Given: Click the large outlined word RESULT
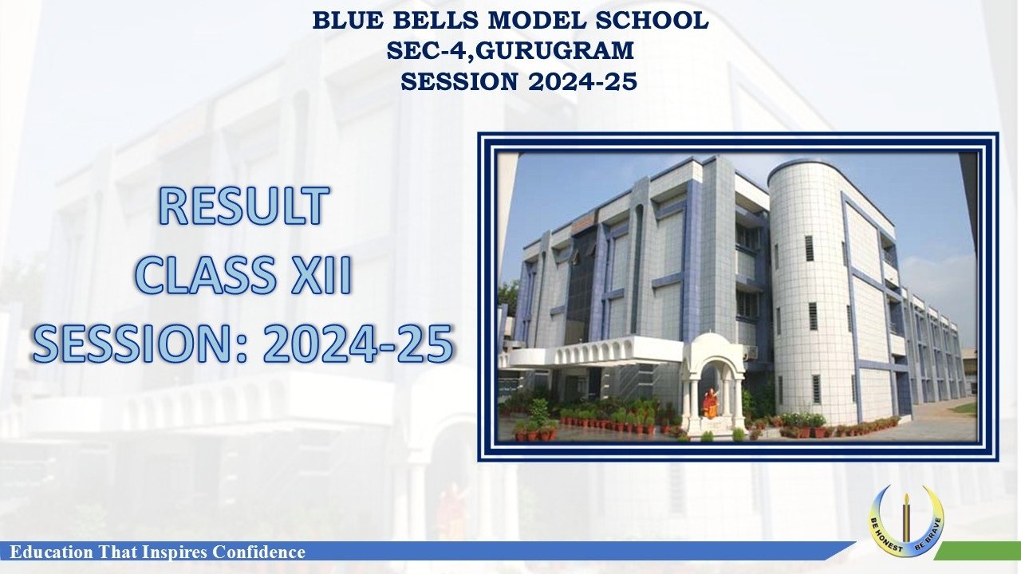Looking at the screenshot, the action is click(244, 206).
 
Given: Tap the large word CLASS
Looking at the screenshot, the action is click(205, 275).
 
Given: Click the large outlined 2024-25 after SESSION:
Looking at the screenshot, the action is click(358, 343).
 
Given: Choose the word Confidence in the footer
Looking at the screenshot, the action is click(259, 552).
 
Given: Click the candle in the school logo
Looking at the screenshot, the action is click(906, 518).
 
